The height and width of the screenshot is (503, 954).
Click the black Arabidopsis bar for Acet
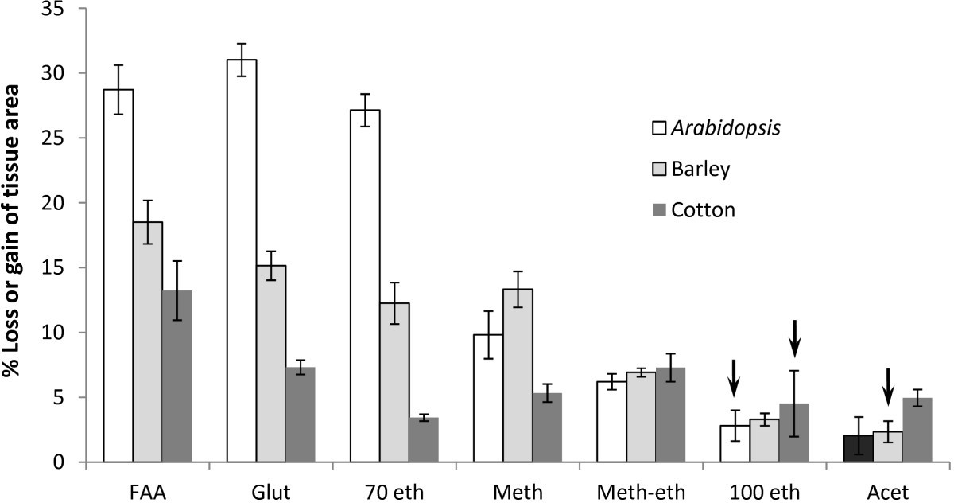pos(859,449)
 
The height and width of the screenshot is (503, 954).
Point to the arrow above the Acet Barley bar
pos(888,387)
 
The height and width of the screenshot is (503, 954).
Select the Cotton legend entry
pos(690,209)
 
